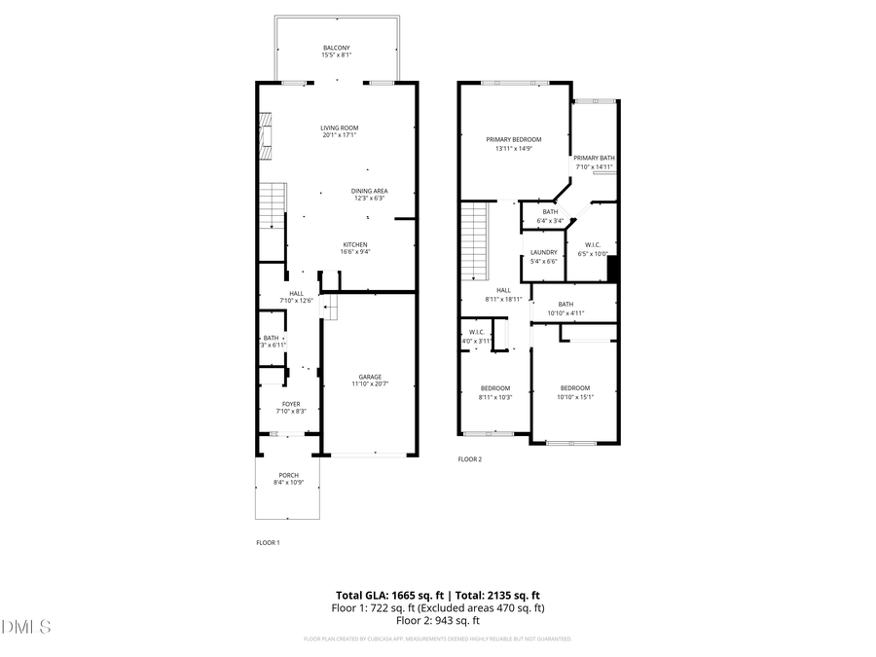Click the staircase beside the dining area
pyautogui.click(x=273, y=206)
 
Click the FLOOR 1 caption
pyautogui.click(x=268, y=542)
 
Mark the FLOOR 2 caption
pyautogui.click(x=470, y=459)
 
